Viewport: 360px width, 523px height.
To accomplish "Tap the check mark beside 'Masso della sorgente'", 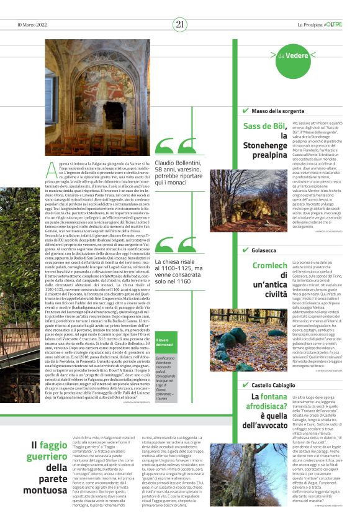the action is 246,111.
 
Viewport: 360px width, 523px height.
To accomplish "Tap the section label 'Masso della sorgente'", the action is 277,111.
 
